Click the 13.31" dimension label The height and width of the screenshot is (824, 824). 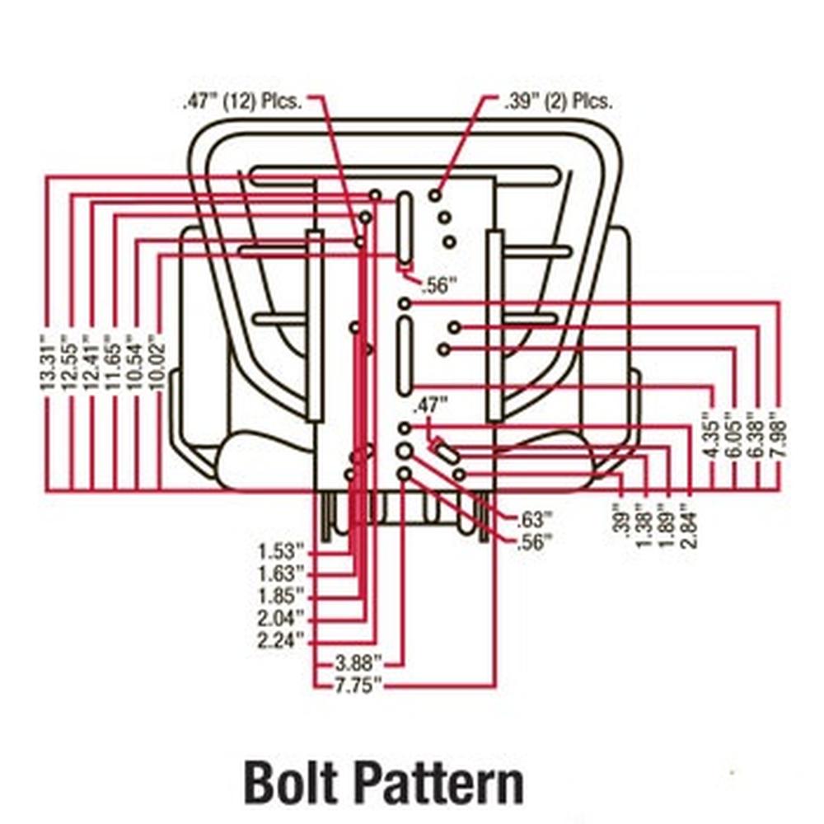pos(49,362)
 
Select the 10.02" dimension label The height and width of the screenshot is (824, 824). pos(157,362)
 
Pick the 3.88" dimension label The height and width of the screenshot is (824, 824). pos(358,662)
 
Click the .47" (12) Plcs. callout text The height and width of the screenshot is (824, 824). pos(242,102)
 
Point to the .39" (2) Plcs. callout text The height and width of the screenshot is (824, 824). pos(558,102)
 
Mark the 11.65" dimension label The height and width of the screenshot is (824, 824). pos(113,362)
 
